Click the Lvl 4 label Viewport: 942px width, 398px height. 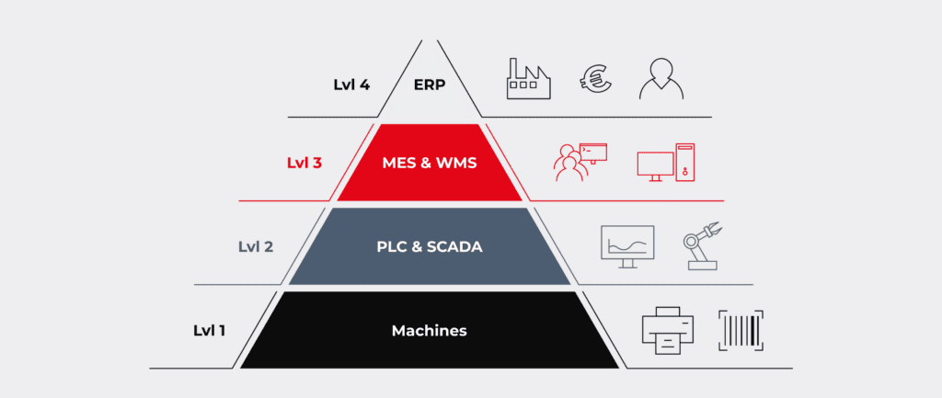(x=351, y=85)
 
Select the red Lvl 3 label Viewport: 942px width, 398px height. (x=304, y=163)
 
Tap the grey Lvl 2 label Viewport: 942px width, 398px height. (x=256, y=246)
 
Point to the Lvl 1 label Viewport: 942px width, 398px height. (x=209, y=330)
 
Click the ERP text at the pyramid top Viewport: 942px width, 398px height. (x=430, y=85)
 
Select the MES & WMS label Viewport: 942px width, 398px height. (x=430, y=163)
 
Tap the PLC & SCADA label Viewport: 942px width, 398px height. (x=430, y=246)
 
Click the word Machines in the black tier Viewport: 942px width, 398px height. (x=430, y=330)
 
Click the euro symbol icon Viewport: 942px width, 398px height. (x=595, y=78)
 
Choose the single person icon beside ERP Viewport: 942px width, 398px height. (x=661, y=79)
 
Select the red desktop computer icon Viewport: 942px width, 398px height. (x=666, y=162)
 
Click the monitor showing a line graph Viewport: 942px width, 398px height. (x=627, y=246)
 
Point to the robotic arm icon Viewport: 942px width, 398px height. (x=702, y=246)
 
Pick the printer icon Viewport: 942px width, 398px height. (x=668, y=330)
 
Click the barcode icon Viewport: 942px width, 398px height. (x=741, y=330)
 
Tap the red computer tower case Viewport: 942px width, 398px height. (x=685, y=162)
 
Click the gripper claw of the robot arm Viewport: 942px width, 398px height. (x=713, y=230)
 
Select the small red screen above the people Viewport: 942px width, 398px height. (x=593, y=153)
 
